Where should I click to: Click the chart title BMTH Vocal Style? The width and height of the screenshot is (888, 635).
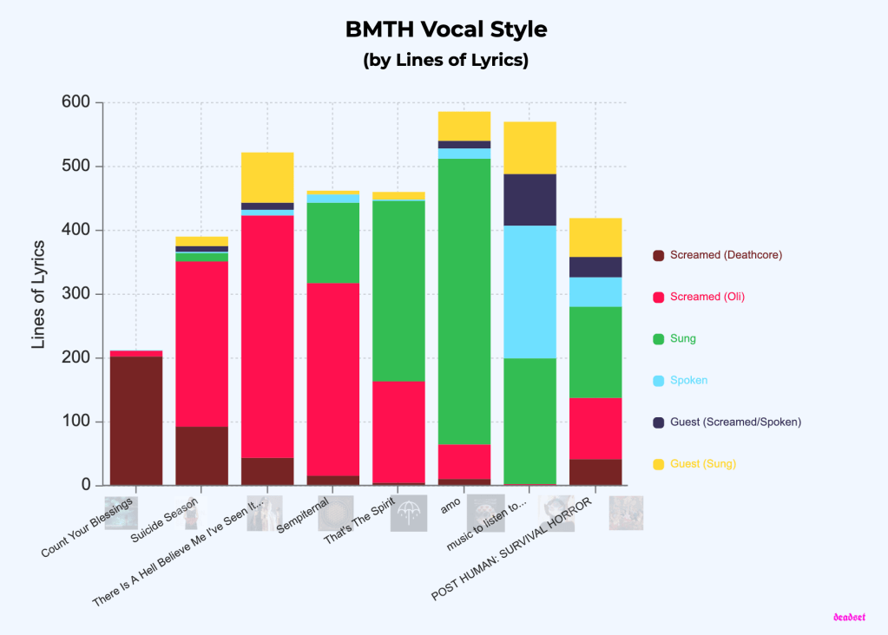(445, 29)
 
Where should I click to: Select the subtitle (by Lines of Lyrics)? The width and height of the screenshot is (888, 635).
(445, 61)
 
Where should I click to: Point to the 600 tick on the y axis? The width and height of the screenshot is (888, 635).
(76, 102)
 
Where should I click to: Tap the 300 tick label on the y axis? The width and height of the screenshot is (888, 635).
(76, 294)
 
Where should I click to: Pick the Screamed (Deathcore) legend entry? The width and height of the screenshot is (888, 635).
(726, 255)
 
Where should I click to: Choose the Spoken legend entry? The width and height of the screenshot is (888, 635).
(689, 380)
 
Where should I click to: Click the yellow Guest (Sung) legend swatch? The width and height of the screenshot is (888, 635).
(658, 464)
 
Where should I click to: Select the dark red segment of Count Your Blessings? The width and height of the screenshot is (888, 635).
(136, 421)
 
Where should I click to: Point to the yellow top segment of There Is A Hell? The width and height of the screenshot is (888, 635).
(267, 177)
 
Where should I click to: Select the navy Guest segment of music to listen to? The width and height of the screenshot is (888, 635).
(530, 200)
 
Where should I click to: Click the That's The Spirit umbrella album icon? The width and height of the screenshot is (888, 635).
(408, 514)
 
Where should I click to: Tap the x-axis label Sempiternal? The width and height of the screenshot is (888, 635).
(303, 516)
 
